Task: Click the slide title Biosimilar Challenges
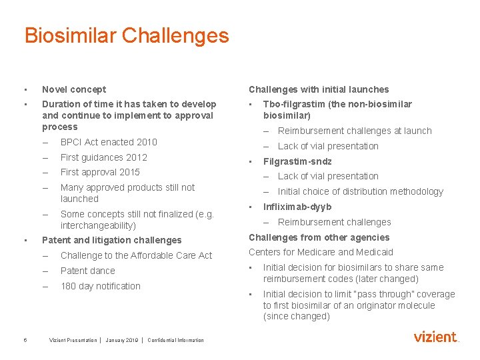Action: tap(126, 35)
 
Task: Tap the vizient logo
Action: tap(436, 337)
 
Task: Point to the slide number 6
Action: tap(25, 340)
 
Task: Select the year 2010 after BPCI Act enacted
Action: tap(147, 142)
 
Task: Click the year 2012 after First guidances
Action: tap(137, 157)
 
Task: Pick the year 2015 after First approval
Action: tap(129, 172)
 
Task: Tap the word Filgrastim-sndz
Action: tap(297, 161)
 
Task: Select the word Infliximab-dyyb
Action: tap(297, 207)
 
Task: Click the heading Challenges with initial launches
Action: tap(319, 89)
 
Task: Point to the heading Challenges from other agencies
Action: tap(319, 237)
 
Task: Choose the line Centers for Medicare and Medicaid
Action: tap(321, 252)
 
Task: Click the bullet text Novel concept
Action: tap(74, 89)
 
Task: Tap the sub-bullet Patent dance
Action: tap(87, 271)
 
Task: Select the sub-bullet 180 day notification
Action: tap(101, 286)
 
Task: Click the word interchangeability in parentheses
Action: tap(98, 225)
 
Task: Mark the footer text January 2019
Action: tap(121, 341)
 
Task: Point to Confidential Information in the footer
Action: tap(176, 341)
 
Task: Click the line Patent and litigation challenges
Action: tap(111, 240)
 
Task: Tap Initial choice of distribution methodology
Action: tap(360, 191)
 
